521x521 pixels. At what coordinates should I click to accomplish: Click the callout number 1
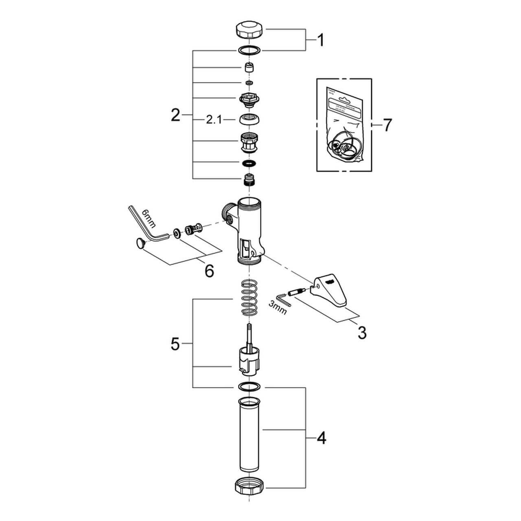(321, 40)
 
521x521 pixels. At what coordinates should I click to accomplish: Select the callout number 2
(175, 116)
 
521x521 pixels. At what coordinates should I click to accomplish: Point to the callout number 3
(361, 333)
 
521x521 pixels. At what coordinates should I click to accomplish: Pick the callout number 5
(175, 344)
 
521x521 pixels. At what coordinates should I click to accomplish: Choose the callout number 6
(209, 271)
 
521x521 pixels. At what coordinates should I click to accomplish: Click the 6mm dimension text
(149, 219)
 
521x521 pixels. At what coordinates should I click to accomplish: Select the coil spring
(250, 298)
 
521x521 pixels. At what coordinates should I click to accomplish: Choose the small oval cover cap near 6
(140, 244)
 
